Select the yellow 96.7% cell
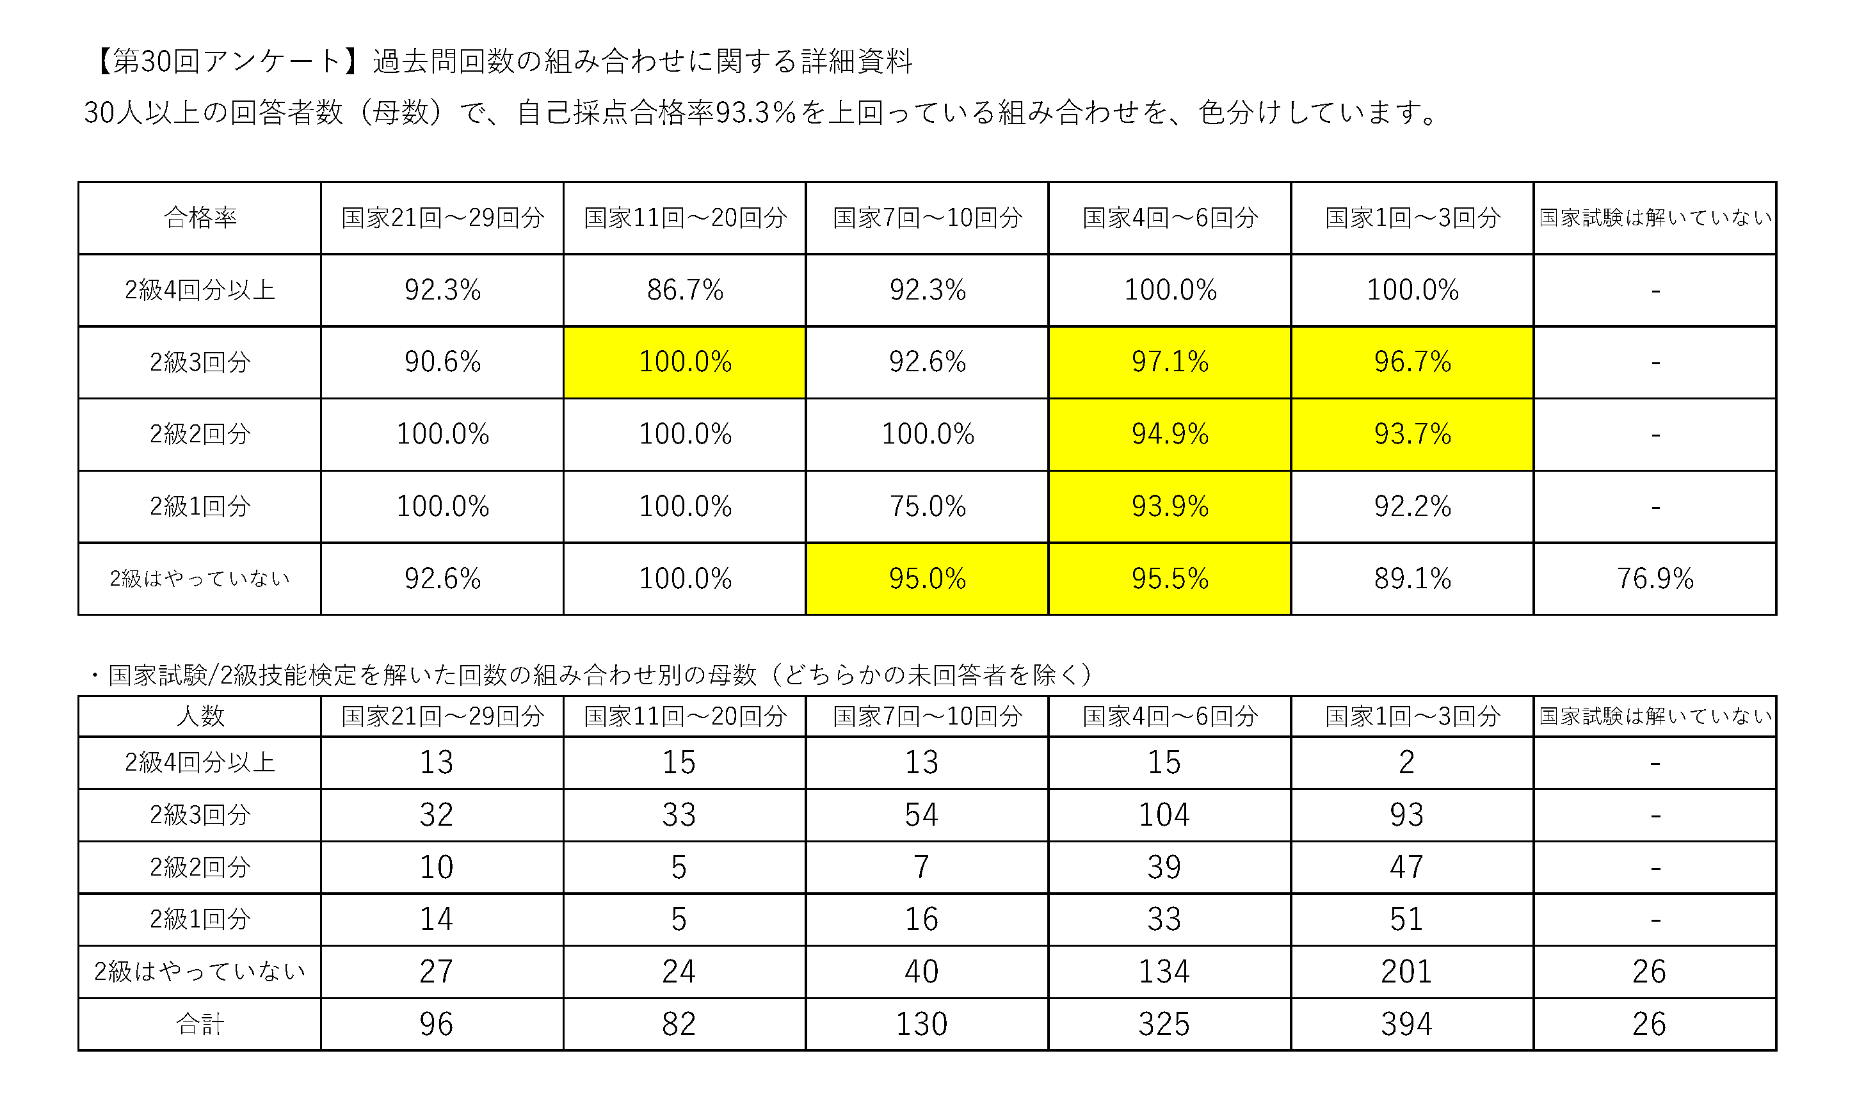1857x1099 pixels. [x=1412, y=362]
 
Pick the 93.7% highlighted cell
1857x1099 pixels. [x=1412, y=434]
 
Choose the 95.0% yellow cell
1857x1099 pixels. [x=927, y=579]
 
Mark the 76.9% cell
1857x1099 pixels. [x=1655, y=579]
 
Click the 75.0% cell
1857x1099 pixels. [x=927, y=506]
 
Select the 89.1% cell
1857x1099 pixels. [x=1412, y=579]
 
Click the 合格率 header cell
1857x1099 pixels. [x=200, y=218]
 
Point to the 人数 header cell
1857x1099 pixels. [x=200, y=716]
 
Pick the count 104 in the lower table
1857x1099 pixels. [x=1163, y=815]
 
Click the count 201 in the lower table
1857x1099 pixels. [x=1406, y=971]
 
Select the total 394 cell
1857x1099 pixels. [x=1406, y=1023]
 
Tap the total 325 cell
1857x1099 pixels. [x=1163, y=1023]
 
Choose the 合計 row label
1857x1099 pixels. [x=200, y=1023]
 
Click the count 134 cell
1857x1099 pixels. [x=1163, y=971]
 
